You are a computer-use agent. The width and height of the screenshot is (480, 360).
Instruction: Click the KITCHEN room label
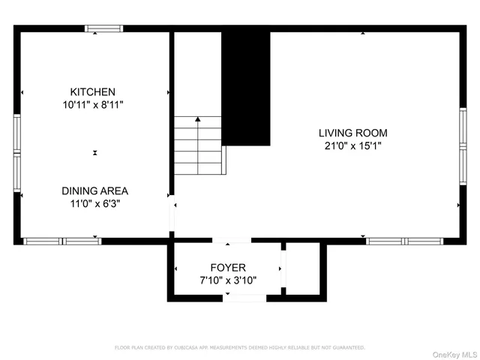tap(93, 92)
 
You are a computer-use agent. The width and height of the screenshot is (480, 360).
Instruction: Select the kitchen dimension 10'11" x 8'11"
tap(93, 106)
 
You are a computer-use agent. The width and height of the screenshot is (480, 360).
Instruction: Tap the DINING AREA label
tap(94, 190)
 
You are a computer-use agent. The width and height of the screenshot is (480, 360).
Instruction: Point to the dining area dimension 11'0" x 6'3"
tap(94, 203)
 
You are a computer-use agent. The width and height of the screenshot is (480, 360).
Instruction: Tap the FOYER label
tap(227, 267)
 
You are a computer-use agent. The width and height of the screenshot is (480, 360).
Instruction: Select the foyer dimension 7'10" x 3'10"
tap(227, 280)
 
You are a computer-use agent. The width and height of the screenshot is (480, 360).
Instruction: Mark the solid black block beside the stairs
tap(248, 88)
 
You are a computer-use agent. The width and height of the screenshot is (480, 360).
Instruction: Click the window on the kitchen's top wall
tap(103, 29)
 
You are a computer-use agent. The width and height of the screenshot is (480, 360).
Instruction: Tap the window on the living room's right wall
tap(463, 140)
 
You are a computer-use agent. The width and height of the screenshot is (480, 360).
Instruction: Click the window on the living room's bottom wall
tap(403, 241)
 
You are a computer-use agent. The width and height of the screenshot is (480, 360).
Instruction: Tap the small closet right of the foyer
tap(304, 268)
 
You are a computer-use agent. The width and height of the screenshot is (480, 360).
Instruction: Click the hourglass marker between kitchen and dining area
tap(95, 152)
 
